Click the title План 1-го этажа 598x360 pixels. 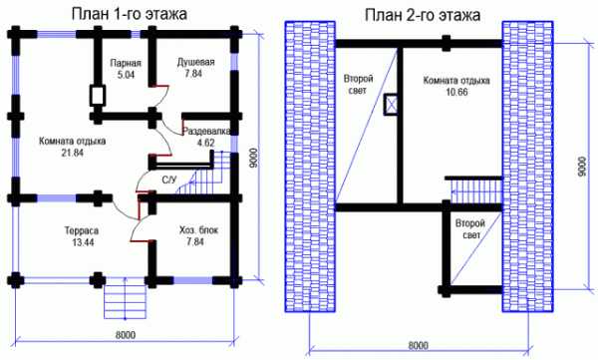click(x=130, y=14)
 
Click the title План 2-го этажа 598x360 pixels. click(x=423, y=15)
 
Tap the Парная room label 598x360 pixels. click(x=126, y=63)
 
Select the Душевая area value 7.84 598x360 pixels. click(x=193, y=74)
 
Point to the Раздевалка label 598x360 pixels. click(x=206, y=131)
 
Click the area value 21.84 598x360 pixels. click(x=73, y=153)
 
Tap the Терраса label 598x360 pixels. click(x=82, y=231)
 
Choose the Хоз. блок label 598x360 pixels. click(x=198, y=230)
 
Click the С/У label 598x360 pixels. click(x=169, y=180)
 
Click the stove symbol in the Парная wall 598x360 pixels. click(x=98, y=96)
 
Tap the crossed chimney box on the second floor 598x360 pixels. click(x=391, y=105)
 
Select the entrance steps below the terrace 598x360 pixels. click(x=126, y=301)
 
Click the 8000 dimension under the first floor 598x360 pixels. click(x=126, y=335)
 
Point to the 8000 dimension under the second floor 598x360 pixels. click(x=418, y=345)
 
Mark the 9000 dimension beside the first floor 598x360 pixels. click(x=254, y=158)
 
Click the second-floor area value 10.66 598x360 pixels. click(x=456, y=92)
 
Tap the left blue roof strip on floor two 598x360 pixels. click(x=310, y=167)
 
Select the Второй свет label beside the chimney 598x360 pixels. click(x=359, y=85)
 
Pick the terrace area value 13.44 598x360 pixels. click(x=83, y=242)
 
